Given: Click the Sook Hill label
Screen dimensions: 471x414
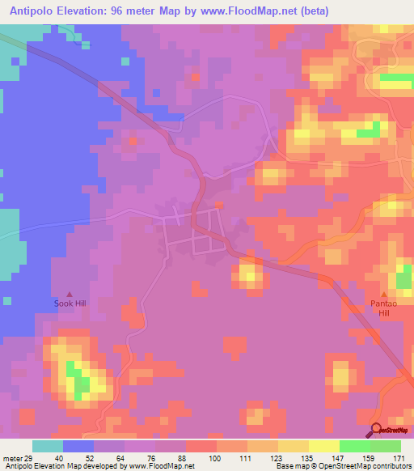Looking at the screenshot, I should point(69,303).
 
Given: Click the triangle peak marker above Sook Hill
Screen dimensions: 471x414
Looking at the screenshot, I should point(69,294).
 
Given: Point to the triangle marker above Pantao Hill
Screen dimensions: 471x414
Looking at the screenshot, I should point(385,294).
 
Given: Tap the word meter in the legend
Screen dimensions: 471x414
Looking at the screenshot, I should point(11,458).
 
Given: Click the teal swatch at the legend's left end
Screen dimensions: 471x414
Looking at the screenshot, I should point(47,446).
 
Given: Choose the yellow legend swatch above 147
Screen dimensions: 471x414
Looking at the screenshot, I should point(323,446).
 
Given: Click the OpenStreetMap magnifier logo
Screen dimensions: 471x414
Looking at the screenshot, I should point(377,430).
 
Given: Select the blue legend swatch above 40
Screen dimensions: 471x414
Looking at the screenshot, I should point(78,446).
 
